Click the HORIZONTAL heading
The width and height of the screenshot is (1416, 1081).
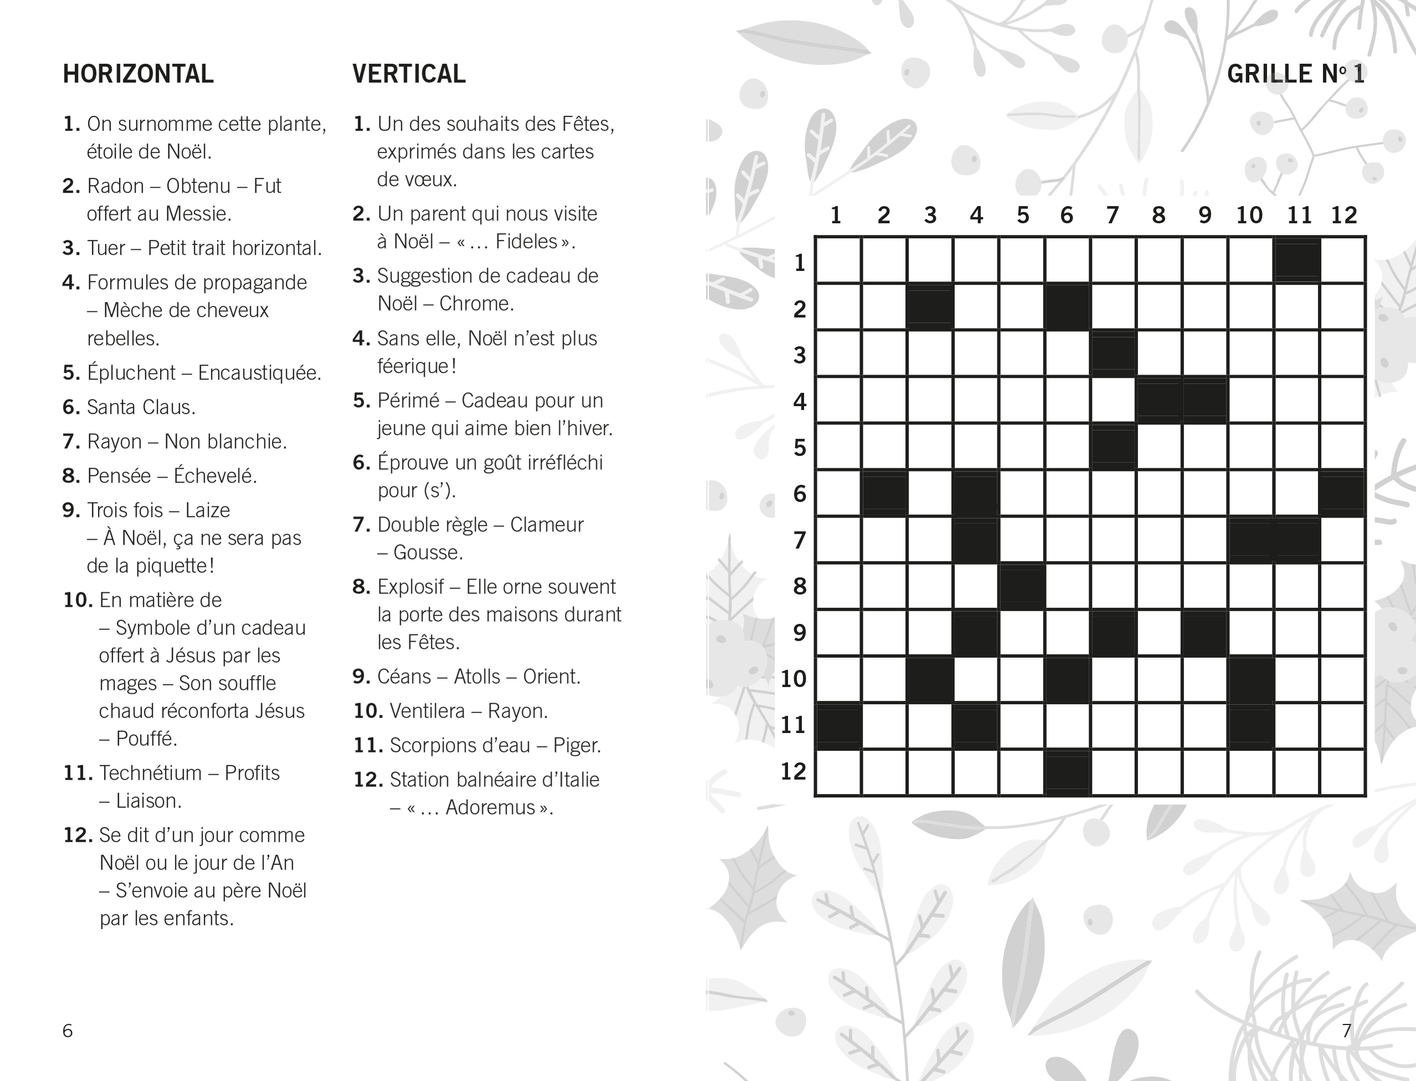pos(138,74)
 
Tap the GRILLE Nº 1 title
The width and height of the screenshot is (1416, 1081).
pos(1295,74)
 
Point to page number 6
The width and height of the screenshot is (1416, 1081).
pos(68,1031)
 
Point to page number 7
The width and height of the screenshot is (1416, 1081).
pos(1347,1031)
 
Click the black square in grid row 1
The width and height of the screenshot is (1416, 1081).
pos(1297,260)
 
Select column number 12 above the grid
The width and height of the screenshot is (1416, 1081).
pos(1343,215)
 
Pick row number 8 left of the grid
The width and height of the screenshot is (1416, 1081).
pos(799,586)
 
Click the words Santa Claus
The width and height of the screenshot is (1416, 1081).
pos(141,407)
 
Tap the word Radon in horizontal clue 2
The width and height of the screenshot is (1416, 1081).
pos(115,186)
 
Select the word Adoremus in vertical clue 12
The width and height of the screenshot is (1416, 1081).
pos(490,807)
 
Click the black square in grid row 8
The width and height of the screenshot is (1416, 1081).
pos(1021,586)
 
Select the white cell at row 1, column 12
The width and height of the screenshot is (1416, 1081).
pos(1343,260)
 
